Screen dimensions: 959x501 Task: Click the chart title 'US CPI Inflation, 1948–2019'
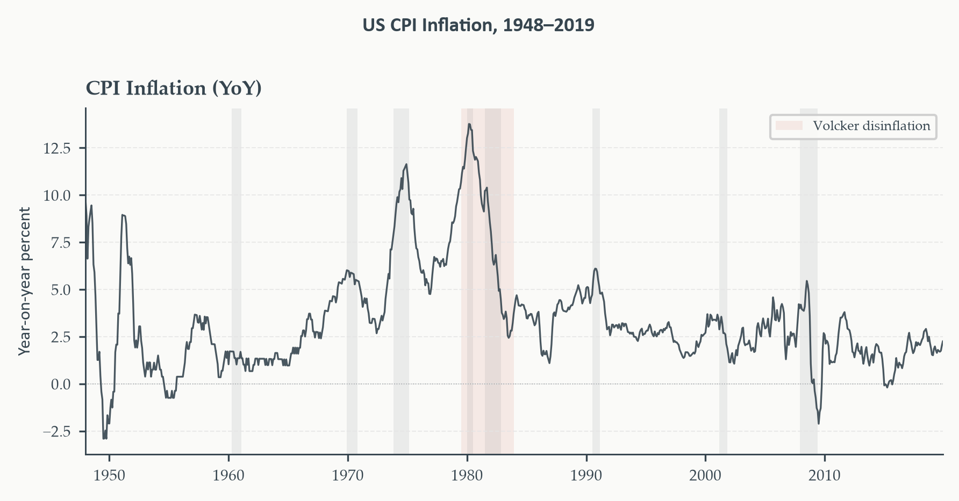coord(478,25)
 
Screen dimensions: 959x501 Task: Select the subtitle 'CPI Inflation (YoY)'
coord(174,89)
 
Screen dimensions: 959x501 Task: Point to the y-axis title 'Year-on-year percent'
coord(24,281)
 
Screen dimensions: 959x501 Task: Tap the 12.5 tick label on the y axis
coord(57,148)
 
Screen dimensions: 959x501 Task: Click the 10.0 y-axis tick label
coord(57,195)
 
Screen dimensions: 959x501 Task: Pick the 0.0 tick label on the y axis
coord(61,384)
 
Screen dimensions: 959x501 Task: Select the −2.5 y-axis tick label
coord(57,432)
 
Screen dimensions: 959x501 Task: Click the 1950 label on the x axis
coord(109,476)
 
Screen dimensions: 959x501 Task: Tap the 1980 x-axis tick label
coord(467,476)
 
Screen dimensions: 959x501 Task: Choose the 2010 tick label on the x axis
coord(825,476)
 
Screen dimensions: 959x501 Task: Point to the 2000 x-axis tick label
coord(705,476)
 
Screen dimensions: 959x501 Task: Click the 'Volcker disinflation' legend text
coord(871,126)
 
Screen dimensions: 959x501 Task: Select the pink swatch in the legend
coord(789,126)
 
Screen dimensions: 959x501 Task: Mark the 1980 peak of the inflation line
coord(469,124)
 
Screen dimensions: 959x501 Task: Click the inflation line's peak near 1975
coord(406,164)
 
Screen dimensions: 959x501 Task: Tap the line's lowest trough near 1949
coord(104,439)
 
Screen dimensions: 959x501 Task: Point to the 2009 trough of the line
coord(819,424)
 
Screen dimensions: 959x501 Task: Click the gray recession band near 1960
coord(237,281)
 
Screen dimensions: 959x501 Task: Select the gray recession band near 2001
coord(723,281)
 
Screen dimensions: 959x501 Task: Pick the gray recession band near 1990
coord(596,281)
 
